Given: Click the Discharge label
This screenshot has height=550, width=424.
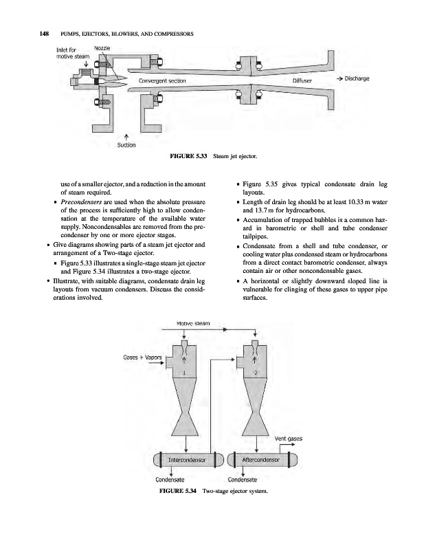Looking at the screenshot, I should coord(357,78).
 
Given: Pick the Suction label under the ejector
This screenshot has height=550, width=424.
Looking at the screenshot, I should coord(126,145).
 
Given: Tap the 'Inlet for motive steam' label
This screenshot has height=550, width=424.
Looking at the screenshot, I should coord(69,52).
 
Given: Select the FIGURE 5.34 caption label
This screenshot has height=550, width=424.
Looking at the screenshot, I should coord(177,492).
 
